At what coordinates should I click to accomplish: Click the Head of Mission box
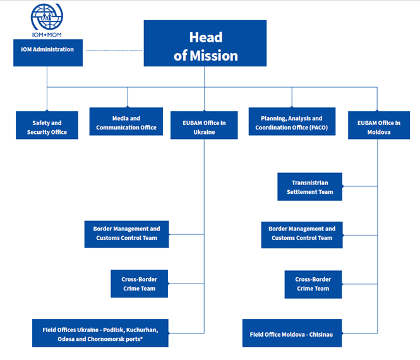pyautogui.click(x=205, y=44)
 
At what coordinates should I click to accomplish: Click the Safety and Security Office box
pyautogui.click(x=47, y=125)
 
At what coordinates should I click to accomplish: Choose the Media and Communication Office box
pyautogui.click(x=126, y=121)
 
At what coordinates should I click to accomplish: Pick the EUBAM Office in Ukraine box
pyautogui.click(x=204, y=125)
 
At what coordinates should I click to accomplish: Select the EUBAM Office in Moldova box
pyautogui.click(x=378, y=125)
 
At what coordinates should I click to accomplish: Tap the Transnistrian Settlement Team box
pyautogui.click(x=309, y=187)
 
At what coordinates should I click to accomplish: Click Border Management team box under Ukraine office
pyautogui.click(x=127, y=234)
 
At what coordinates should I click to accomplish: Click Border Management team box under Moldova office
pyautogui.click(x=302, y=234)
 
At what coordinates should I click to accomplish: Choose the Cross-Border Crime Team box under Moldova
pyautogui.click(x=313, y=284)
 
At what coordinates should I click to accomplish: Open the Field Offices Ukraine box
pyautogui.click(x=100, y=333)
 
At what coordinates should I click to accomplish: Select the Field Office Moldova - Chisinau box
pyautogui.click(x=292, y=333)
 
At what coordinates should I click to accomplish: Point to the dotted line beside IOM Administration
pyautogui.click(x=114, y=50)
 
